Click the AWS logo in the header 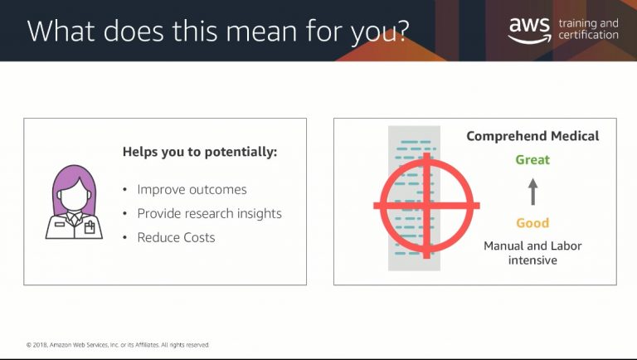(529, 30)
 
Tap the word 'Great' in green (532, 160)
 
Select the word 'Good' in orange (532, 223)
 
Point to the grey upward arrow (533, 192)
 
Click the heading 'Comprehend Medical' (532, 136)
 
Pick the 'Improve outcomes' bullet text (192, 190)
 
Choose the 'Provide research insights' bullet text (209, 214)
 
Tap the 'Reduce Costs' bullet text (176, 237)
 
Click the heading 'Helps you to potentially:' (199, 152)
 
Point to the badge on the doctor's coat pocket (90, 227)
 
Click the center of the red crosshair (426, 205)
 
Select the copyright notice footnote (118, 345)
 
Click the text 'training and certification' (588, 29)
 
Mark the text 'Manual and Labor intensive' (532, 253)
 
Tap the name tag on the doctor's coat (60, 224)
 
